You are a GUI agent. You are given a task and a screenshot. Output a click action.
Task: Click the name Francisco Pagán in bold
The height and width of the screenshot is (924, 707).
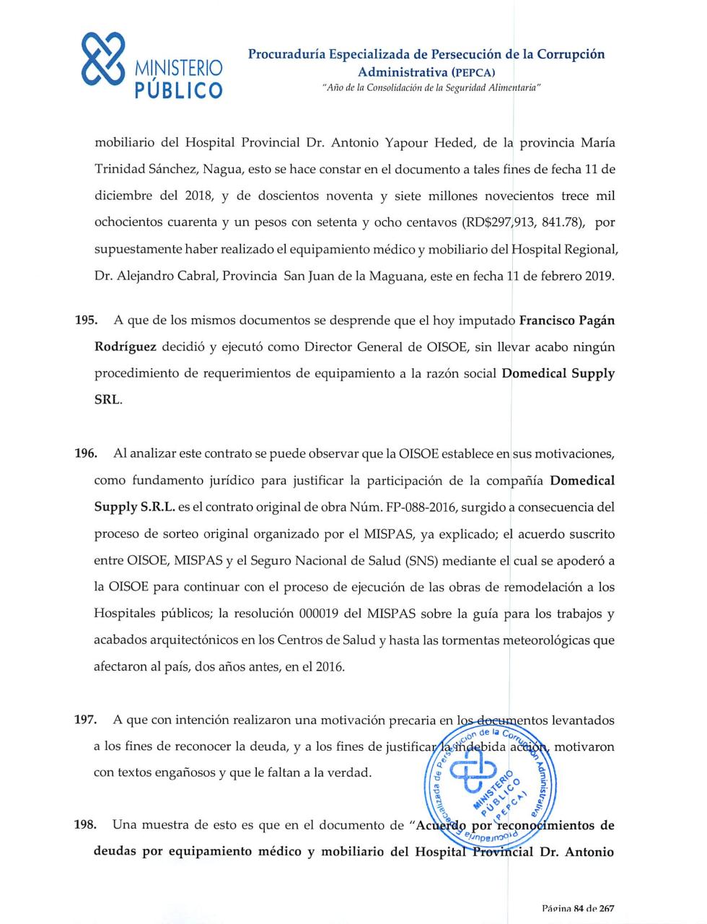click(x=567, y=320)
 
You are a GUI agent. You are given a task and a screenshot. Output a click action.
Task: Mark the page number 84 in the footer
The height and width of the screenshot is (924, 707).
click(x=578, y=908)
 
